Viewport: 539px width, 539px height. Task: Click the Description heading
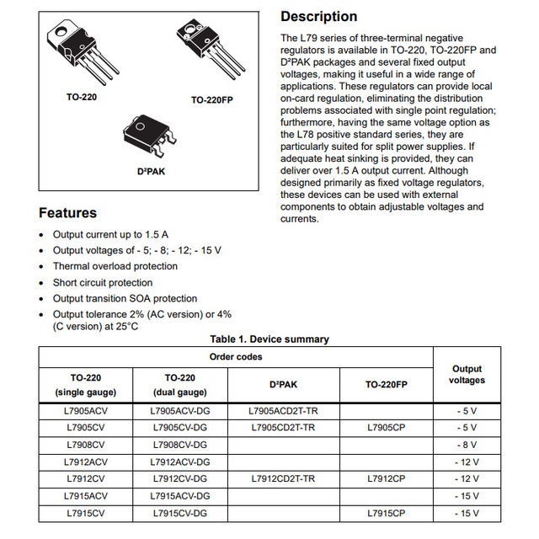[x=318, y=17]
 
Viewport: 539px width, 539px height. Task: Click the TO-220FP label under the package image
[x=211, y=99]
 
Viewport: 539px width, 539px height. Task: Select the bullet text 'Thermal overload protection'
[x=115, y=267]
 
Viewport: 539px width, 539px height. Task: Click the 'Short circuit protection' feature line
[x=103, y=283]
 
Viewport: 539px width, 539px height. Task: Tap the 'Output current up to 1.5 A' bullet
[x=110, y=235]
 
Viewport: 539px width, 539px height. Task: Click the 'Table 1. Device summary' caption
[x=269, y=339]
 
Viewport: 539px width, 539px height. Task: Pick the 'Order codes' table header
[x=236, y=357]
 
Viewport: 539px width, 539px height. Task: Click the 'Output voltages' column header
[x=467, y=375]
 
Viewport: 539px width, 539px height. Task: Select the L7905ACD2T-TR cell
[x=284, y=411]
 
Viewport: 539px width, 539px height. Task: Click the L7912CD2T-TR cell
[x=284, y=478]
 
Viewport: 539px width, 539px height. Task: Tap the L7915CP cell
[x=387, y=512]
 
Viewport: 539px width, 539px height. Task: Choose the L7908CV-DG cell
[x=180, y=445]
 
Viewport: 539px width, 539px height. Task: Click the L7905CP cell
[x=387, y=428]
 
